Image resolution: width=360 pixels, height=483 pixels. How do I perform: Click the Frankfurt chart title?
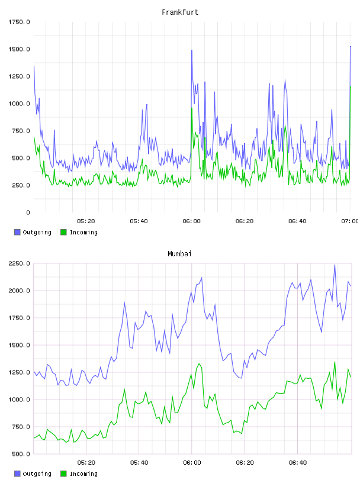[x=180, y=12]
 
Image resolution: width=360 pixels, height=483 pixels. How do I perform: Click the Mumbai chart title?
[x=179, y=254]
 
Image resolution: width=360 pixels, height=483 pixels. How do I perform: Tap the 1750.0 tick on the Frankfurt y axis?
[x=19, y=22]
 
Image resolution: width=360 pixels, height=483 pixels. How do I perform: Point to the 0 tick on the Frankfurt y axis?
[x=28, y=212]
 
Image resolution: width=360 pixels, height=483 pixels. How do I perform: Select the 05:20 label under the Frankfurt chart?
[x=86, y=221]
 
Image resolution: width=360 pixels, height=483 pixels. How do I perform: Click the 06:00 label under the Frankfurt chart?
[x=191, y=221]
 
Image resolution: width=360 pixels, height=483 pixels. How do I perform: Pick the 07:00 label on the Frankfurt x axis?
[x=350, y=221]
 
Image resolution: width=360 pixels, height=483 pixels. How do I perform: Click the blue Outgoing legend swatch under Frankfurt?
[x=17, y=232]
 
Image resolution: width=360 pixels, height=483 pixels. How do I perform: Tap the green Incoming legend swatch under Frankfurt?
[x=63, y=232]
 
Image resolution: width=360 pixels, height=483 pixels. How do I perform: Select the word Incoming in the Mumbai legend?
[x=83, y=474]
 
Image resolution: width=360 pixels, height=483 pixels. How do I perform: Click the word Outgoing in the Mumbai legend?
[x=37, y=474]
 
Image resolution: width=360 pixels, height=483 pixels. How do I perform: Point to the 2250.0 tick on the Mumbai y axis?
[x=19, y=263]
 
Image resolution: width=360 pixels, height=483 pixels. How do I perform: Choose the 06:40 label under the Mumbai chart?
[x=298, y=463]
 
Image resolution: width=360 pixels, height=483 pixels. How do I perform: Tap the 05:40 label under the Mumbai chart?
[x=139, y=463]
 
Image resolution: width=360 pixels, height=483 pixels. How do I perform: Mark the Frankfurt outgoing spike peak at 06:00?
[x=192, y=50]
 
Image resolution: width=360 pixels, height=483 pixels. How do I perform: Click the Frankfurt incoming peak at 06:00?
[x=192, y=108]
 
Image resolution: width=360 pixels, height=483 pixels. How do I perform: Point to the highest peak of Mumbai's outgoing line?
[x=335, y=265]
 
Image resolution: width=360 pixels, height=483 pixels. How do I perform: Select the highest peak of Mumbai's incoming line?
[x=335, y=362]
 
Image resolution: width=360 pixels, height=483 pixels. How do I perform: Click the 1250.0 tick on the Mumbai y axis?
[x=19, y=372]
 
